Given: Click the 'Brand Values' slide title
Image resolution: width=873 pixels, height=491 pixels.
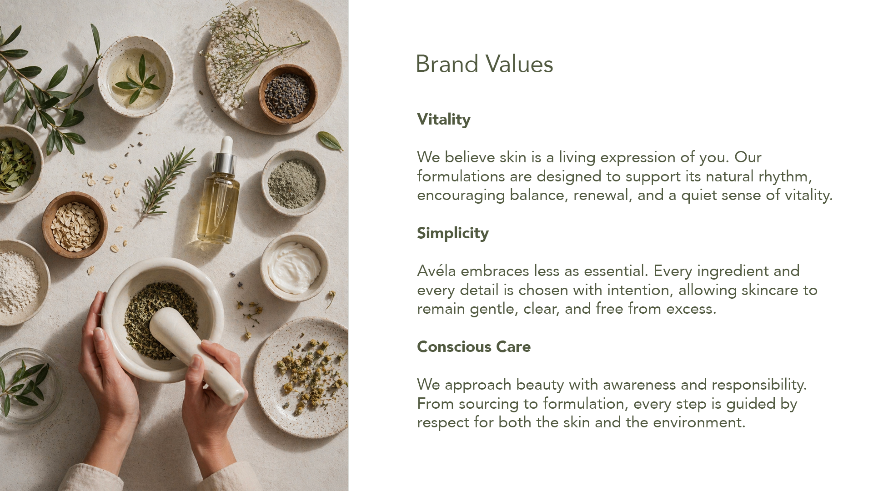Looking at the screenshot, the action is pyautogui.click(x=484, y=64).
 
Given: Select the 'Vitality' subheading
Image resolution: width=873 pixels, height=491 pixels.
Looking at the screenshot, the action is pyautogui.click(x=444, y=120).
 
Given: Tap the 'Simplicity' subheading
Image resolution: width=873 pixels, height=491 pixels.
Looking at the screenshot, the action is pyautogui.click(x=453, y=233).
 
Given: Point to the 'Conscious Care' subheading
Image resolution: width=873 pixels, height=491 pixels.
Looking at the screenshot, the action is pyautogui.click(x=474, y=346).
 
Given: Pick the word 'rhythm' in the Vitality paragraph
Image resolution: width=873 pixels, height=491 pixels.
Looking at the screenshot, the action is pyautogui.click(x=783, y=176).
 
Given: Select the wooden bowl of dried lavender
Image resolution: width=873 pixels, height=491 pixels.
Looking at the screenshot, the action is pyautogui.click(x=288, y=94).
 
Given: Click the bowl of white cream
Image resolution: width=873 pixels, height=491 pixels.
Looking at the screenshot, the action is pyautogui.click(x=294, y=267).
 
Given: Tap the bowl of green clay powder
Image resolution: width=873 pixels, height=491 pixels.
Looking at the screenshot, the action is pyautogui.click(x=293, y=183).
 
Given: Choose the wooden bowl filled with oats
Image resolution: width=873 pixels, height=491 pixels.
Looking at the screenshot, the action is pyautogui.click(x=75, y=225).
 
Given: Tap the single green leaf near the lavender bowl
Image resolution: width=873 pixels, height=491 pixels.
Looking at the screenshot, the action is pyautogui.click(x=330, y=141).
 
